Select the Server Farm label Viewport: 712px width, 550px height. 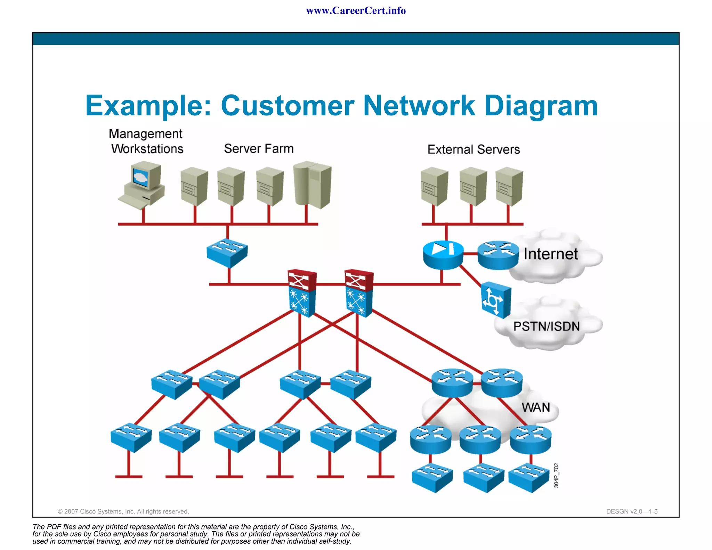(259, 149)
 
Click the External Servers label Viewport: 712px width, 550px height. (474, 149)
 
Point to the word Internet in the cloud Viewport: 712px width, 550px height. (550, 254)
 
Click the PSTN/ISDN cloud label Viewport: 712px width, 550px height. (546, 326)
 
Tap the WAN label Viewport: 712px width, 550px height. (535, 407)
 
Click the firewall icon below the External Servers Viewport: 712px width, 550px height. (443, 255)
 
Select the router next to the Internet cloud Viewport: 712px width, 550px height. (498, 255)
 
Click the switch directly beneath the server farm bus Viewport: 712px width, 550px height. (227, 253)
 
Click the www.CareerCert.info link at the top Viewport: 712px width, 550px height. (356, 11)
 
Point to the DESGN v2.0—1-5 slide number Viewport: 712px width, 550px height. (632, 511)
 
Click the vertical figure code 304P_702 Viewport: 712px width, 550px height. (556, 475)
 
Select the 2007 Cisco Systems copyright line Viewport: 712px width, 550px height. (123, 511)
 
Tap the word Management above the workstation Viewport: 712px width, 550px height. (145, 134)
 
